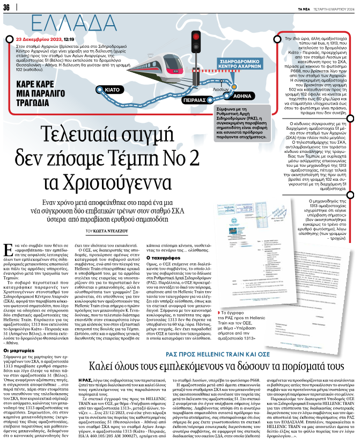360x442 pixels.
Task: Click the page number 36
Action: (7, 8)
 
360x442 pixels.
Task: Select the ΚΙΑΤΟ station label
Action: (112, 89)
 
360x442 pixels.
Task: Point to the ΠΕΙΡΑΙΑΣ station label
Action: (193, 99)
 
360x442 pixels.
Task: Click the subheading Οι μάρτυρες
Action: (19, 342)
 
